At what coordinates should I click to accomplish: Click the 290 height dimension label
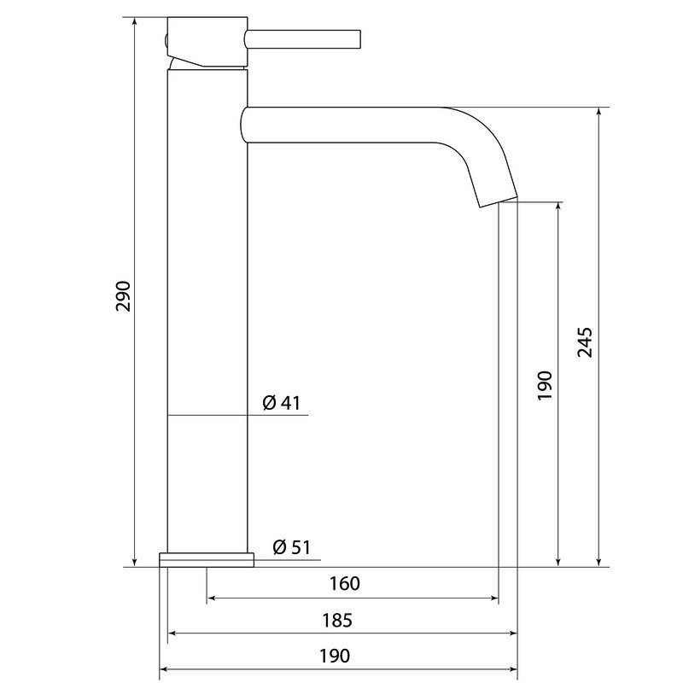click(x=123, y=296)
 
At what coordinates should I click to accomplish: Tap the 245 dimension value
click(x=585, y=342)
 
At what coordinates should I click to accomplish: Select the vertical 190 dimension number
click(x=545, y=386)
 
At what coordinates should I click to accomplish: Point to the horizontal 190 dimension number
click(x=335, y=656)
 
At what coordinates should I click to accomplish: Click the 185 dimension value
click(x=337, y=621)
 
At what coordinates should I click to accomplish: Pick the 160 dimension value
click(x=345, y=584)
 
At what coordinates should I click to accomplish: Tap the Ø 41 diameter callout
click(x=282, y=403)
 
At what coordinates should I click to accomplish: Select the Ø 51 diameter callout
click(x=291, y=547)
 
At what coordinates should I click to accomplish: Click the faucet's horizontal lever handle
click(x=303, y=38)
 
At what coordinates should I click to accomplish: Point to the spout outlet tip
click(x=499, y=202)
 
